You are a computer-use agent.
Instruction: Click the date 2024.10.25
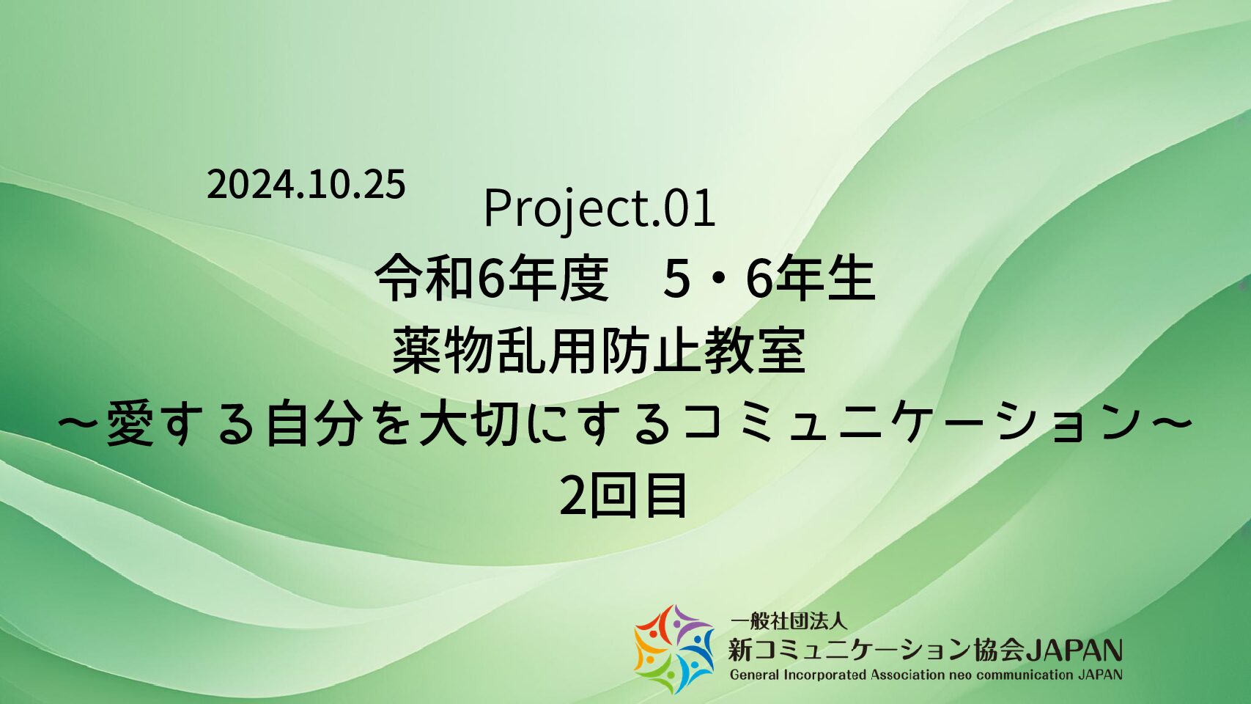point(306,185)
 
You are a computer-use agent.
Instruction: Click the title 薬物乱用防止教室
point(599,351)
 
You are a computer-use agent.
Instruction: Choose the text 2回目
point(623,496)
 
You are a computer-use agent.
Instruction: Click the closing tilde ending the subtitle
point(1170,424)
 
